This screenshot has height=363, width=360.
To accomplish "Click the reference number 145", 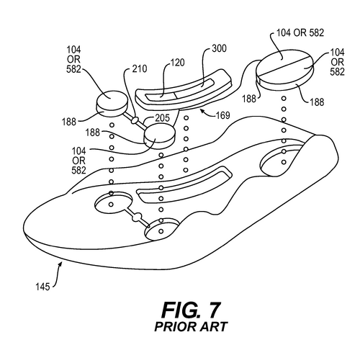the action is [42, 287].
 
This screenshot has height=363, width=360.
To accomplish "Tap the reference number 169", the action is [223, 115].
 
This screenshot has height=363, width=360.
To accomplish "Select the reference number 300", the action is [219, 48].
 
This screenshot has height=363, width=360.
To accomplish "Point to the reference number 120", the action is [178, 63].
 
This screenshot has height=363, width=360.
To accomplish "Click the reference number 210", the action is [140, 69].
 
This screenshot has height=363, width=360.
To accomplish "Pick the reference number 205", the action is [162, 118].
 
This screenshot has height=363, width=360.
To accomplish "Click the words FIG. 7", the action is [191, 310].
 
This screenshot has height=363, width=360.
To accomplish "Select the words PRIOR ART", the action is [191, 327].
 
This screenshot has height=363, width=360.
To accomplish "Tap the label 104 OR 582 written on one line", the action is [300, 33].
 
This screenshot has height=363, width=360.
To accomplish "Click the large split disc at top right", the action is [284, 70].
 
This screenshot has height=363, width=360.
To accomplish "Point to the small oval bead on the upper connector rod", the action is [135, 120].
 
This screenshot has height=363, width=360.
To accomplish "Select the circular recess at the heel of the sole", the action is [281, 160].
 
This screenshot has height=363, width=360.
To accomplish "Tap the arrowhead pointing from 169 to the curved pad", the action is [202, 111].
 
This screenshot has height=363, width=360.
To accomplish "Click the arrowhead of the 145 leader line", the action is [60, 264].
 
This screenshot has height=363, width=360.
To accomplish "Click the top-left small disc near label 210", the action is [112, 104].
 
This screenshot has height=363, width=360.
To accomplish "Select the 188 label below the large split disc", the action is [317, 102].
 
